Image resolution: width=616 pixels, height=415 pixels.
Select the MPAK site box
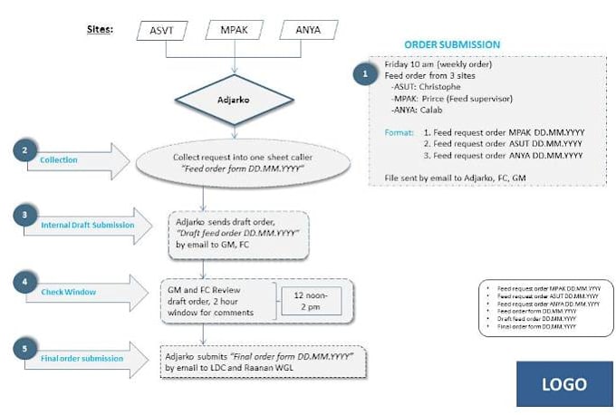(234, 31)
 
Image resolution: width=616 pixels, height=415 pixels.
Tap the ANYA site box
(307, 31)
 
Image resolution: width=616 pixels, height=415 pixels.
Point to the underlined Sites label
(99, 29)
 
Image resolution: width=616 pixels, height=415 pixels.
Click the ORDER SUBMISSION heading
(452, 44)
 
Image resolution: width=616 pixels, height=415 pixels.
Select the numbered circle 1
(365, 73)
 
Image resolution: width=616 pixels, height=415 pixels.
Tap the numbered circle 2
(25, 148)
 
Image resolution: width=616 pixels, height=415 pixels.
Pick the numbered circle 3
(25, 214)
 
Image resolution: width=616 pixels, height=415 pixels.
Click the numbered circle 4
(25, 282)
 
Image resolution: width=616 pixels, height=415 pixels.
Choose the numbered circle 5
(25, 348)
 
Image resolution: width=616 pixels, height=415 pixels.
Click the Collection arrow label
(60, 160)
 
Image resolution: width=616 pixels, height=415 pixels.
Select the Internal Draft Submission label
(87, 226)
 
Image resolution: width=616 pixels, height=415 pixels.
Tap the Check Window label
(68, 293)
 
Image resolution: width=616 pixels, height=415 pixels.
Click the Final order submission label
(82, 359)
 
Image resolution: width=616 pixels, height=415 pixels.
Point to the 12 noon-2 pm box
(311, 300)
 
